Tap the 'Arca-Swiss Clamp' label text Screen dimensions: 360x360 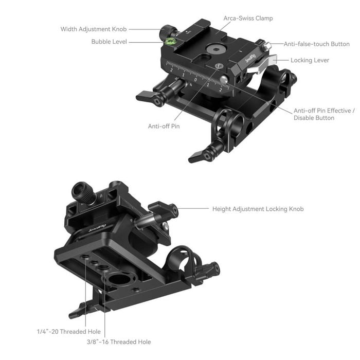tap(248, 19)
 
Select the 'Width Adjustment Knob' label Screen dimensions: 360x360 tap(94, 29)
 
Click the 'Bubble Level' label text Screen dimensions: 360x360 tap(109, 41)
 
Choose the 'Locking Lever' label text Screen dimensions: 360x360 tap(310, 60)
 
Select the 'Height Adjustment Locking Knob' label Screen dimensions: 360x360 tap(258, 209)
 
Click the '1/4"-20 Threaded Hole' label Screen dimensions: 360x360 tap(68, 332)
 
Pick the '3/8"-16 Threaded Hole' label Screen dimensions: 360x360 tap(119, 342)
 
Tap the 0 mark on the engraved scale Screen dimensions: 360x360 tap(196, 80)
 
